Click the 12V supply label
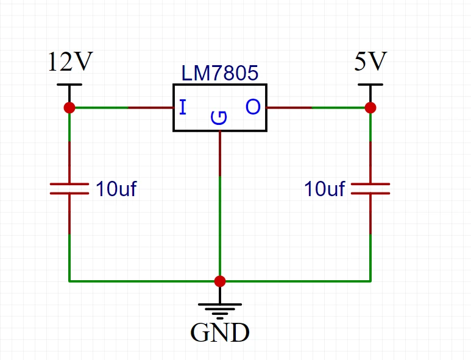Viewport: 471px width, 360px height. click(70, 62)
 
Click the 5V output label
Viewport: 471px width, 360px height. click(370, 62)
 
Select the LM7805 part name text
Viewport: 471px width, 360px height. click(220, 74)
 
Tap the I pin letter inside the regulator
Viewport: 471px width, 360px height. click(182, 108)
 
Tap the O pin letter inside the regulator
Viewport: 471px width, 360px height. click(253, 108)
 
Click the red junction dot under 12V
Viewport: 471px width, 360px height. click(69, 108)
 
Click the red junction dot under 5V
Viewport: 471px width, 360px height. click(370, 108)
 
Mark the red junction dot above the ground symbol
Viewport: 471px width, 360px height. click(220, 281)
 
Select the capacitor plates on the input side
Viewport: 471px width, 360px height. click(69, 188)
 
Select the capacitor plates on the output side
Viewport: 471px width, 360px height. click(370, 188)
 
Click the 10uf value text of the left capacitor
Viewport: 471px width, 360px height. click(116, 189)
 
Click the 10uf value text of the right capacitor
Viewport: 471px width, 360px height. click(325, 189)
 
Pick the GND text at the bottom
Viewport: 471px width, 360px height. click(220, 333)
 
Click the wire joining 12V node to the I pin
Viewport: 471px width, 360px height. click(122, 108)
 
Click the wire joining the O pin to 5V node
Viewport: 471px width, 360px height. click(317, 108)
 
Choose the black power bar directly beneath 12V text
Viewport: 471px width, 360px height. click(69, 85)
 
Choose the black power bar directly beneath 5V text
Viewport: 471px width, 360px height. click(370, 85)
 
